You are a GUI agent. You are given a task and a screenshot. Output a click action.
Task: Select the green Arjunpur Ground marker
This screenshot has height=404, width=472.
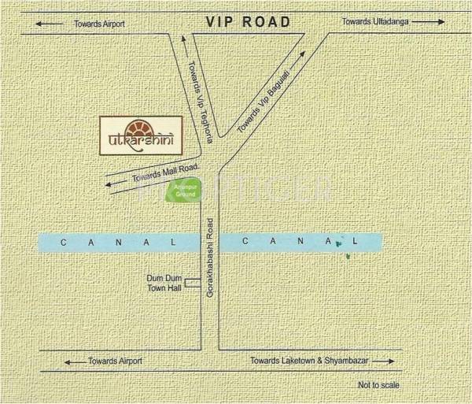(194, 189)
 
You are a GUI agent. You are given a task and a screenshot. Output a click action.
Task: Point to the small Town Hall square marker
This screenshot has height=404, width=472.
(190, 280)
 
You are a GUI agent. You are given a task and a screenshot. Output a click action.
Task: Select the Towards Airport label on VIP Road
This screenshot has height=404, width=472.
(99, 24)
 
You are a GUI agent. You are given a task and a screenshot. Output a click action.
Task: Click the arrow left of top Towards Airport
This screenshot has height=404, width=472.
(50, 24)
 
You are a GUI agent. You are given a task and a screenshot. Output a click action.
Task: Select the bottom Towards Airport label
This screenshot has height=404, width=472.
(115, 361)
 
